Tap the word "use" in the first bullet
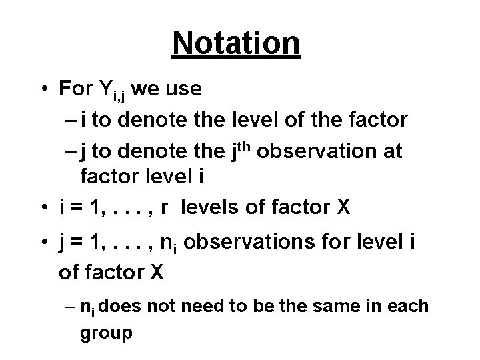coord(183,89)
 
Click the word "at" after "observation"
coord(392,153)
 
